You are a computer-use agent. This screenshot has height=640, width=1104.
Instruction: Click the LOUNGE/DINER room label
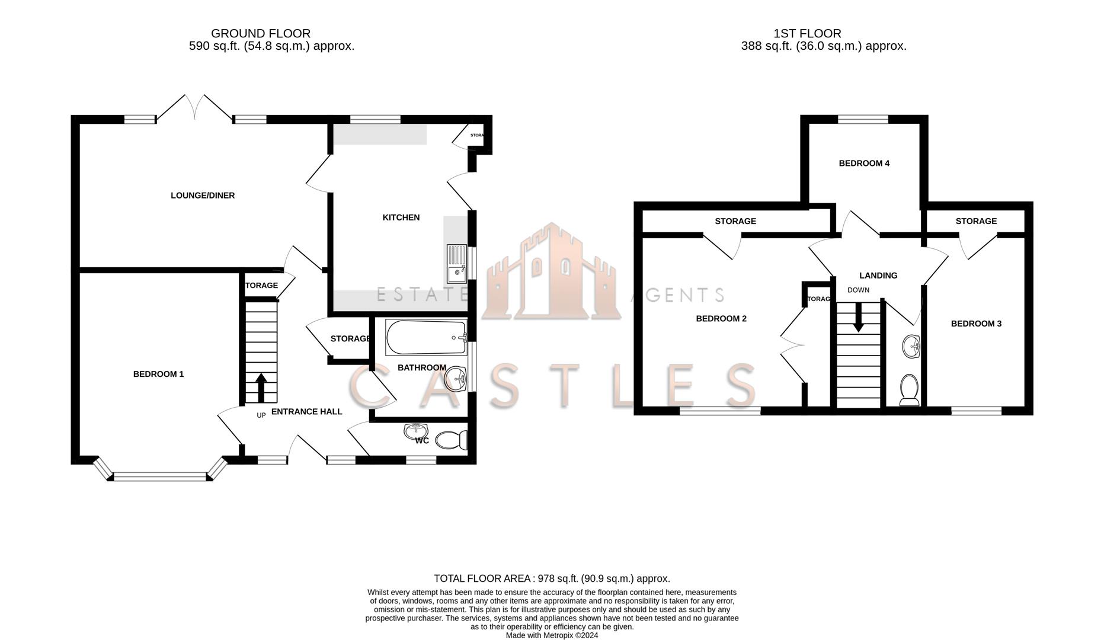click(203, 196)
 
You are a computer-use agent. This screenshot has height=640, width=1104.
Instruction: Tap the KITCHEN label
click(401, 217)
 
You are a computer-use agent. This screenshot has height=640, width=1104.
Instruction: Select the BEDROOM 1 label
click(158, 374)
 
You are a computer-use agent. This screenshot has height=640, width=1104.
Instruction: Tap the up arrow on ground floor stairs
click(261, 388)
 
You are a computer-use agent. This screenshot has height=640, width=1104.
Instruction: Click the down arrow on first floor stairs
click(858, 320)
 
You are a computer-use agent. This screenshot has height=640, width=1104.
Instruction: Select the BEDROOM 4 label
click(864, 164)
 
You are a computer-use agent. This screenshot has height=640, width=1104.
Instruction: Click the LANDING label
click(878, 276)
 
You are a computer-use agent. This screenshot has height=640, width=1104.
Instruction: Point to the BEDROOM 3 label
click(976, 324)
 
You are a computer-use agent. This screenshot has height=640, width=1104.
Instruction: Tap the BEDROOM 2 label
click(721, 319)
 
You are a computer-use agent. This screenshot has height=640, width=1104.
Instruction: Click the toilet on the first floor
click(909, 390)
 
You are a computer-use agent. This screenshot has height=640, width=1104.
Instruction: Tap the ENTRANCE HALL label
click(306, 412)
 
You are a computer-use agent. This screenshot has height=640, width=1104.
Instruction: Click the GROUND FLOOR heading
click(261, 34)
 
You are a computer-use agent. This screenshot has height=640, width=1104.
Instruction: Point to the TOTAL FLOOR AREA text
click(552, 578)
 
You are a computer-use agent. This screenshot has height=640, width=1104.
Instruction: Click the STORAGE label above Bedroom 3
click(976, 221)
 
